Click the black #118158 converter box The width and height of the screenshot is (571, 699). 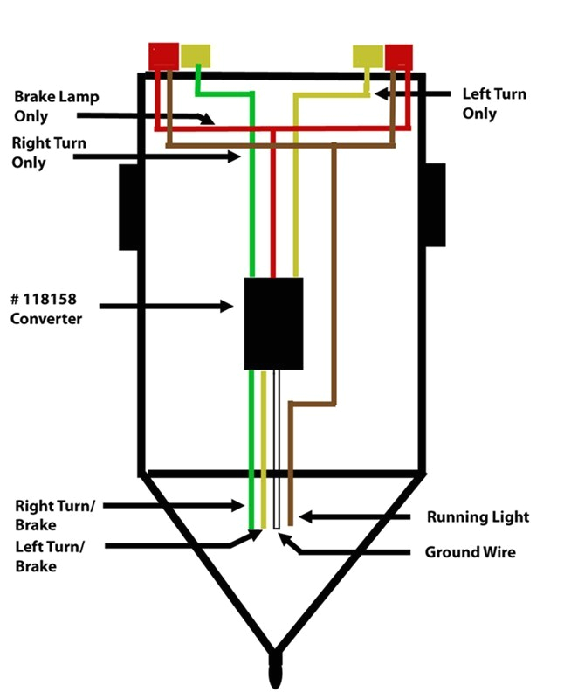coord(273,322)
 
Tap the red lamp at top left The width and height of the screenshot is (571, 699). coord(163,56)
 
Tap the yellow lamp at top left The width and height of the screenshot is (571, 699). coord(196,55)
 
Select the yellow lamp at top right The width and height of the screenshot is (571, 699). coord(368,56)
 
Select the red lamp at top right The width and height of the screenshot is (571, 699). coord(400,56)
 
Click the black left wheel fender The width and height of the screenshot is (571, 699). coord(129,206)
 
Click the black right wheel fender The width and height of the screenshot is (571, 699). coord(435,206)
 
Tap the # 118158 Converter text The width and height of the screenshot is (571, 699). coord(45,309)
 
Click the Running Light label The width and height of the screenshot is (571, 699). coord(478,517)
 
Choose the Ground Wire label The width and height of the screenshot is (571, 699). coord(470,552)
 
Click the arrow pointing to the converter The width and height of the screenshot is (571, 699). coord(166,306)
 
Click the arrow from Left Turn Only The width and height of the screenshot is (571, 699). coord(415,91)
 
